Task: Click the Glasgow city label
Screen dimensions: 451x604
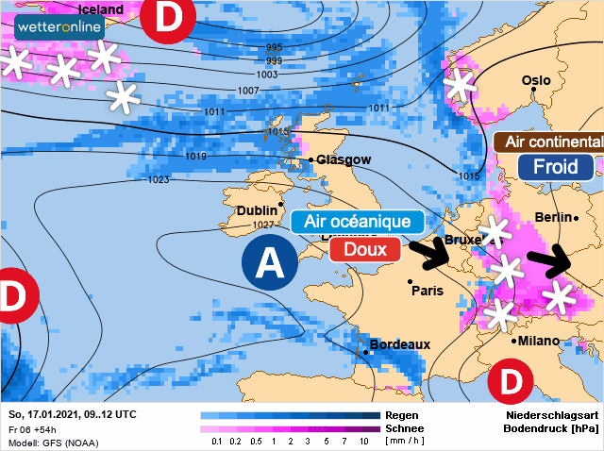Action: (344, 159)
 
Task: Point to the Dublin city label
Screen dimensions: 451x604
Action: (257, 210)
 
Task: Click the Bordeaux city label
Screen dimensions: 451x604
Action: (400, 344)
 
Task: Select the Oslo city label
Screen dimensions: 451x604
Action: (535, 81)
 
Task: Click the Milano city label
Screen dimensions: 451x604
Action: (540, 341)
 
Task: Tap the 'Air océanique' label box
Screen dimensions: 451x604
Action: (357, 222)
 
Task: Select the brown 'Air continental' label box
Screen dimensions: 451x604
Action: (550, 142)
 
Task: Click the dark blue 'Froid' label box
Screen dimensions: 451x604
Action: (555, 168)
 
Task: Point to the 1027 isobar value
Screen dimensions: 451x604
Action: (263, 225)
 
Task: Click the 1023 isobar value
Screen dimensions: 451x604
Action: (159, 178)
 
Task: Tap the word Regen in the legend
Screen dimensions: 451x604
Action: (402, 415)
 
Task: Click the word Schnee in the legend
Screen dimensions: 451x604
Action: (405, 428)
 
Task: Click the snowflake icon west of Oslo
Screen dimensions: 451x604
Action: (460, 86)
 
